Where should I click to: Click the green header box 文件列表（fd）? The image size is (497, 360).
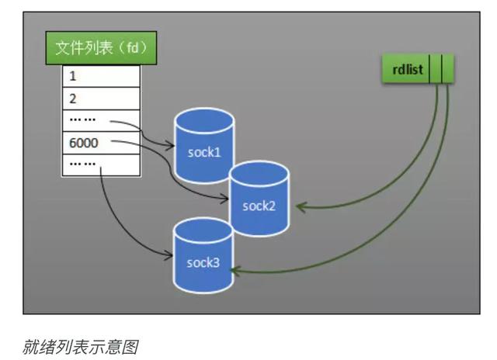[101, 50]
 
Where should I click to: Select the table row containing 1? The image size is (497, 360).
[101, 78]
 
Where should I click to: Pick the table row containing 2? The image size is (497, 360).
[101, 99]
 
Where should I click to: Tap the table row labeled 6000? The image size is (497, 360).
[101, 143]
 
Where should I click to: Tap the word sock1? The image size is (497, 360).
[204, 152]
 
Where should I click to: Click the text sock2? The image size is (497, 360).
[259, 206]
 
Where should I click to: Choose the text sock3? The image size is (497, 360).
[203, 262]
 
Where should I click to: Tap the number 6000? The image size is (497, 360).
[83, 143]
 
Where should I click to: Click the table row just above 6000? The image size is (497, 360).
[101, 121]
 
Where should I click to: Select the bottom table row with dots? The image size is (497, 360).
[101, 164]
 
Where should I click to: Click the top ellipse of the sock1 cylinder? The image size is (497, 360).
[204, 118]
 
